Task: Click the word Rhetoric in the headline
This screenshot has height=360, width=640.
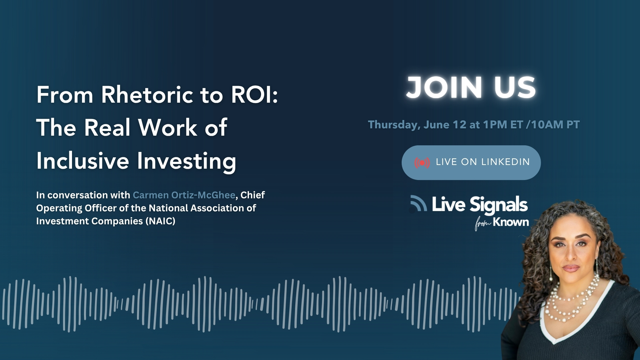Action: tap(147, 95)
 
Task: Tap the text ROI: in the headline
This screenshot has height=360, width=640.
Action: tap(255, 95)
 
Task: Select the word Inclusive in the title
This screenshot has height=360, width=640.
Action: tap(83, 161)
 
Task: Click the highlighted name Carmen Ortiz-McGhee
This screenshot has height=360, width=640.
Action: tap(184, 195)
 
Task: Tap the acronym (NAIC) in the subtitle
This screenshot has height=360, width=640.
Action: tap(160, 221)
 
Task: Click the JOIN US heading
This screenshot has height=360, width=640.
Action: tap(471, 87)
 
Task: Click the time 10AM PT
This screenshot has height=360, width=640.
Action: tap(555, 125)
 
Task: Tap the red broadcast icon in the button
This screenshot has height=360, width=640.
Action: tap(422, 163)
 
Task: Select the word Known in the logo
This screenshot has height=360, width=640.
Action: tap(511, 222)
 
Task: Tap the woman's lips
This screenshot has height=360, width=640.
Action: tap(571, 268)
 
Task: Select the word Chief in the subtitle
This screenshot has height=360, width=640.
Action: tap(253, 195)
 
